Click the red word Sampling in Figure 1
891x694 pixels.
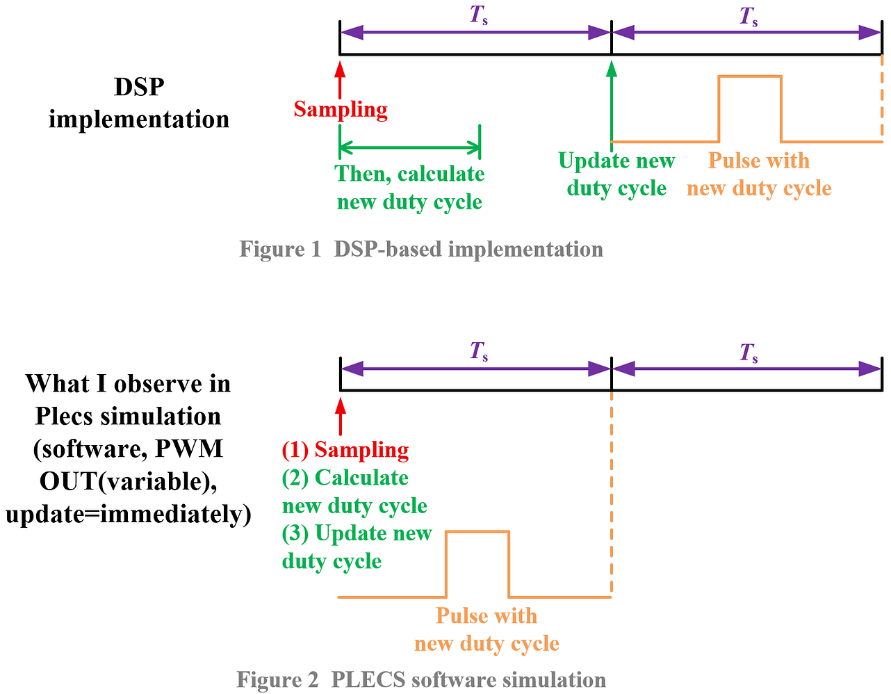(341, 109)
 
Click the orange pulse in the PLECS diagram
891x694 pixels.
(477, 563)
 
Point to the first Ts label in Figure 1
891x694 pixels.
(478, 16)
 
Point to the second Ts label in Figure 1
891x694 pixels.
(748, 16)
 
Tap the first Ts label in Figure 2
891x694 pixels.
(478, 351)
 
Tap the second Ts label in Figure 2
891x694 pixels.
(748, 353)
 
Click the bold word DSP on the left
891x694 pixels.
(139, 87)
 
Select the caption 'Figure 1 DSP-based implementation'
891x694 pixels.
(421, 249)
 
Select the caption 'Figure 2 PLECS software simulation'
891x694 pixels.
(421, 679)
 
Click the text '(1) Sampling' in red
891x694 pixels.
(345, 450)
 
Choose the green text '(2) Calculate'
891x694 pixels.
(345, 478)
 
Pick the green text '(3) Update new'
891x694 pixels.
(357, 533)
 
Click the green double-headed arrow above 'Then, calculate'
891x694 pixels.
(409, 147)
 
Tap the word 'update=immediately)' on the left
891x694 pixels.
(129, 515)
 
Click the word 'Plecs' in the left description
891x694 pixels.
(65, 416)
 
